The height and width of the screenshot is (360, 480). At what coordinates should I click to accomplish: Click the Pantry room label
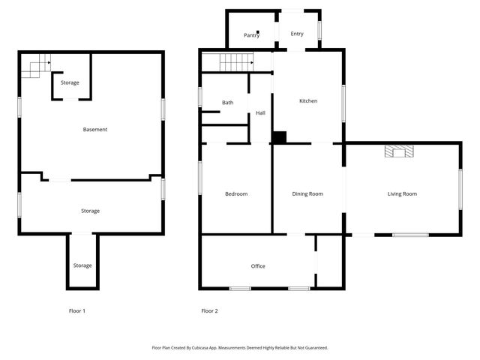coord(251,35)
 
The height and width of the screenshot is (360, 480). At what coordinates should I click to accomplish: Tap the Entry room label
coord(297,34)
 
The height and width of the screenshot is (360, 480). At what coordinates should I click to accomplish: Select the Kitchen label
coord(308,101)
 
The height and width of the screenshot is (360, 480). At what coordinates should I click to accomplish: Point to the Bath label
coord(227,103)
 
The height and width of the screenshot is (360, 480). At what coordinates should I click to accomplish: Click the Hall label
coord(260,113)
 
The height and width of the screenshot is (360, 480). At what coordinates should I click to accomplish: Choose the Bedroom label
coord(236,194)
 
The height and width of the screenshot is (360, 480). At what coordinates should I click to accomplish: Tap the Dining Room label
coord(307,194)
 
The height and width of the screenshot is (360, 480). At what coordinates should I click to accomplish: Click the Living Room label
coord(402,194)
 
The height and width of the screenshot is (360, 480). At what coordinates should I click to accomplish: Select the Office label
coord(258,266)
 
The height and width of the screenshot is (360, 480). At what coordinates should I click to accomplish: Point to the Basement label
coord(95,130)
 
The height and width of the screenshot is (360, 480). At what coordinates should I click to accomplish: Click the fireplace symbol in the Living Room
coord(398,151)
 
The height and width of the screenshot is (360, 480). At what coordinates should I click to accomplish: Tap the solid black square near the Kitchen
coord(279,137)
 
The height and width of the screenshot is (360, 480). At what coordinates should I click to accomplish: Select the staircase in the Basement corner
coord(34,68)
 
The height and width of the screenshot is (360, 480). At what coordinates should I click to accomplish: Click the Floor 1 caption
coord(77,310)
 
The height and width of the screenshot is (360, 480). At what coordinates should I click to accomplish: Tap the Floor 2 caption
coord(209,310)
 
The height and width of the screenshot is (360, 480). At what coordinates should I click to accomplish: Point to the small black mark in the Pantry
coord(258,31)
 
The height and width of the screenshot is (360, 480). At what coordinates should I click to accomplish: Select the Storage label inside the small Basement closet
coord(70,82)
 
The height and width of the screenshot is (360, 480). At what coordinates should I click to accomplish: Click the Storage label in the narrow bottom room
coord(82,265)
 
